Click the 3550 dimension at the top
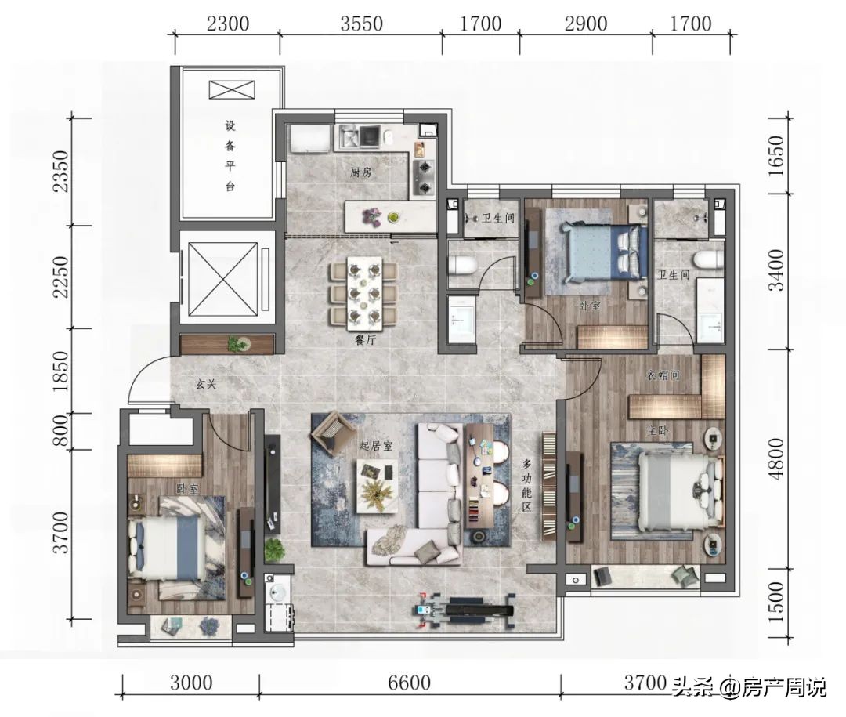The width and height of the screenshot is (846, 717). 361,24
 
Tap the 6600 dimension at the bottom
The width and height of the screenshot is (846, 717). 409,683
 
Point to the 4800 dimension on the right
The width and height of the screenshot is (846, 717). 776,458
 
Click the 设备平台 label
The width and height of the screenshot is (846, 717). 230,156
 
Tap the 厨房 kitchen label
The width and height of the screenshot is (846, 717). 361,172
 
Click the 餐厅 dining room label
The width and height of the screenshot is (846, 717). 363,340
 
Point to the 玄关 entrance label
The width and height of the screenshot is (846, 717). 205,385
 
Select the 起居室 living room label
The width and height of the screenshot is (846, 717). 376,446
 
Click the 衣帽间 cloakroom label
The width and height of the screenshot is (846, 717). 663,374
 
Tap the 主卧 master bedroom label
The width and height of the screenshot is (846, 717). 658,432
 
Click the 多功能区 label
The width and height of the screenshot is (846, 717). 526,485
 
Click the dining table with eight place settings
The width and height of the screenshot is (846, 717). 364,294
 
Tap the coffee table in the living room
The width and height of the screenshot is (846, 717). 377,485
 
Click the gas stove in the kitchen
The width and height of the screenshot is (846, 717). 424,177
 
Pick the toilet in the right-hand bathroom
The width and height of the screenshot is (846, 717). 708,259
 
